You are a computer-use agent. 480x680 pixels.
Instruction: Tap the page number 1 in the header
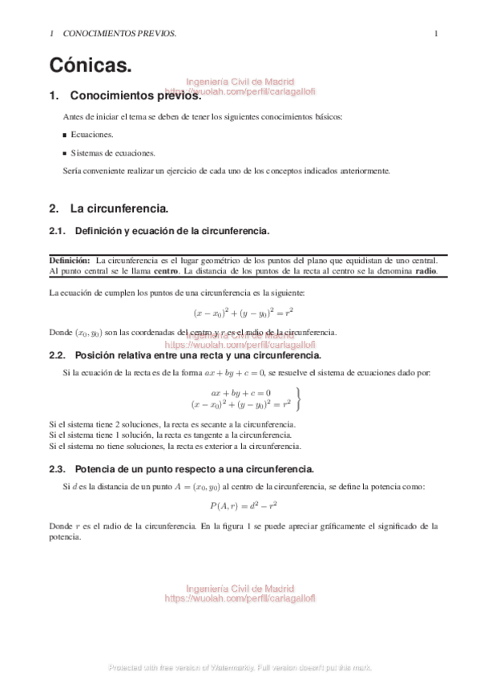pyautogui.click(x=435, y=34)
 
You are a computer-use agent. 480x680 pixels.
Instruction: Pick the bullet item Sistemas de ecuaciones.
pyautogui.click(x=112, y=152)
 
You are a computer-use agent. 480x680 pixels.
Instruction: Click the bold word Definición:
pyautogui.click(x=70, y=260)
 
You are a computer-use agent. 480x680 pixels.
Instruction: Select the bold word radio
pyautogui.click(x=426, y=270)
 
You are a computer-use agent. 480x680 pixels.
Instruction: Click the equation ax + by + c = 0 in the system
pyautogui.click(x=240, y=393)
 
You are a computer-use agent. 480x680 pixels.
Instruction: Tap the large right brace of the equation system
pyautogui.click(x=299, y=398)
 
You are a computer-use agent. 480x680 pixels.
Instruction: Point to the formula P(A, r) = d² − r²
pyautogui.click(x=243, y=506)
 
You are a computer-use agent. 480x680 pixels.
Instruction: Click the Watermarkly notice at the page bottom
pyautogui.click(x=240, y=667)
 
